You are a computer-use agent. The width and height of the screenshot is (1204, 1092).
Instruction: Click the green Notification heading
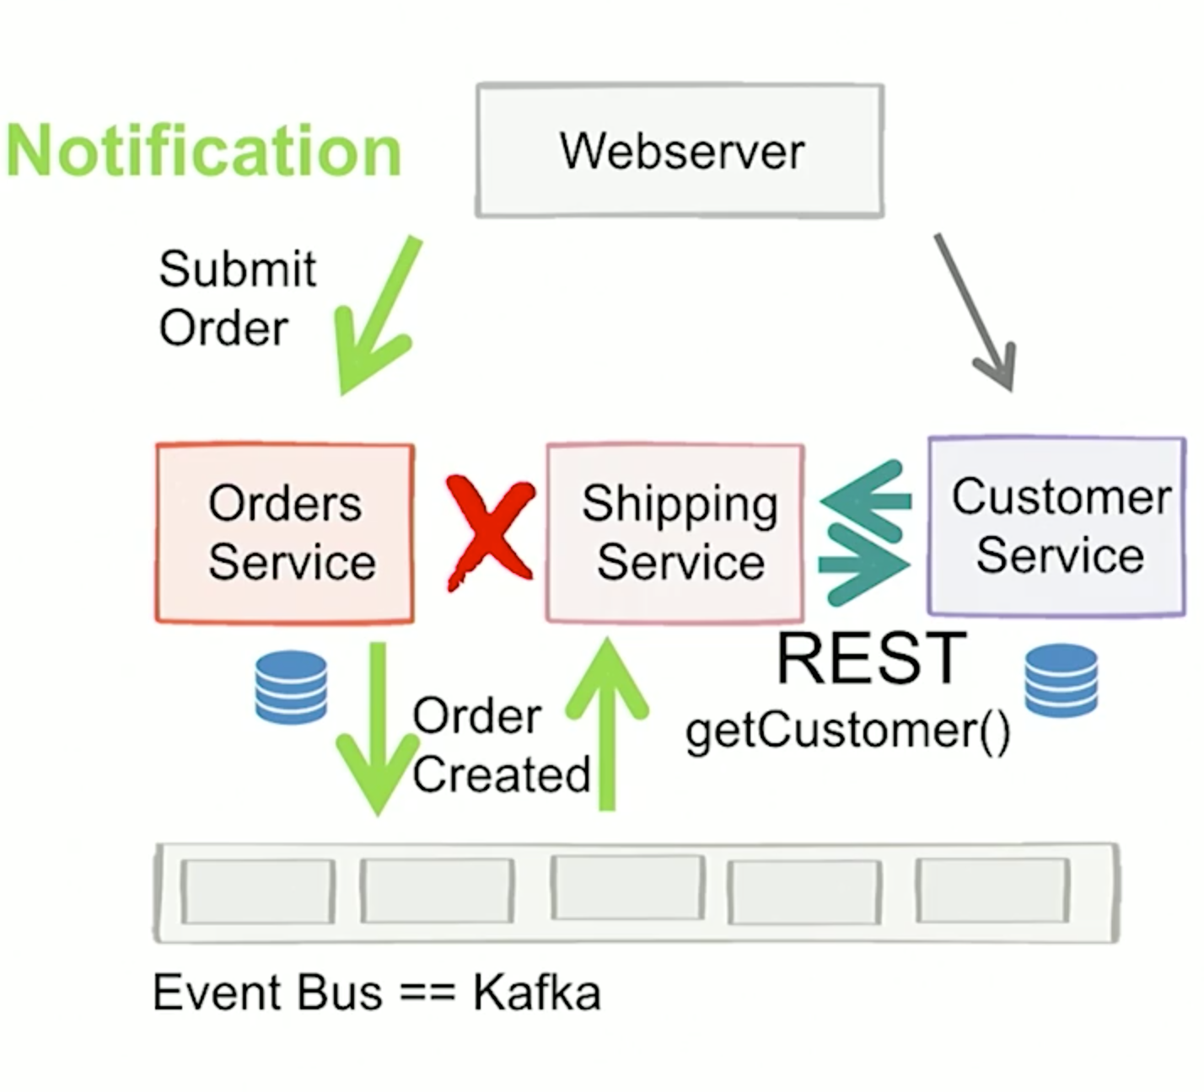tap(203, 151)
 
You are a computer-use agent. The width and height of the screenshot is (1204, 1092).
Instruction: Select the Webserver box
tap(680, 151)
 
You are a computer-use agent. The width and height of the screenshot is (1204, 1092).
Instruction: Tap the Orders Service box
tap(285, 533)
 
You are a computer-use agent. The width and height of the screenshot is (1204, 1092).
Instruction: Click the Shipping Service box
tap(675, 533)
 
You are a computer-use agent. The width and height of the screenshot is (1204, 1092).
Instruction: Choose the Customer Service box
tap(1057, 526)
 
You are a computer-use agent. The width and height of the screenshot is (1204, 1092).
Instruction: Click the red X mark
tap(489, 532)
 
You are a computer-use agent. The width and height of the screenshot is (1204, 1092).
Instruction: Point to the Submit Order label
tap(236, 298)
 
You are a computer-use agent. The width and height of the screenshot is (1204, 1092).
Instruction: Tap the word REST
tap(870, 658)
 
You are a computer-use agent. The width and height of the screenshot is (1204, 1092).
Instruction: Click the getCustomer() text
tap(847, 730)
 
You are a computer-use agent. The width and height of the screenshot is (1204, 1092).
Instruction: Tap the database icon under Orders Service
tap(291, 687)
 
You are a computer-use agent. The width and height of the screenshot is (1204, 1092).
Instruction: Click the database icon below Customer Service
tap(1061, 680)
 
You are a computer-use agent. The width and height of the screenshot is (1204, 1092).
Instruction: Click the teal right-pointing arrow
tap(865, 565)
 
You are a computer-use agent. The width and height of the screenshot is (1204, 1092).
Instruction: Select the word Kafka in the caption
tap(536, 992)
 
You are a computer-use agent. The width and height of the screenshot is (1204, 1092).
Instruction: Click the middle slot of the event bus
tap(627, 888)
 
